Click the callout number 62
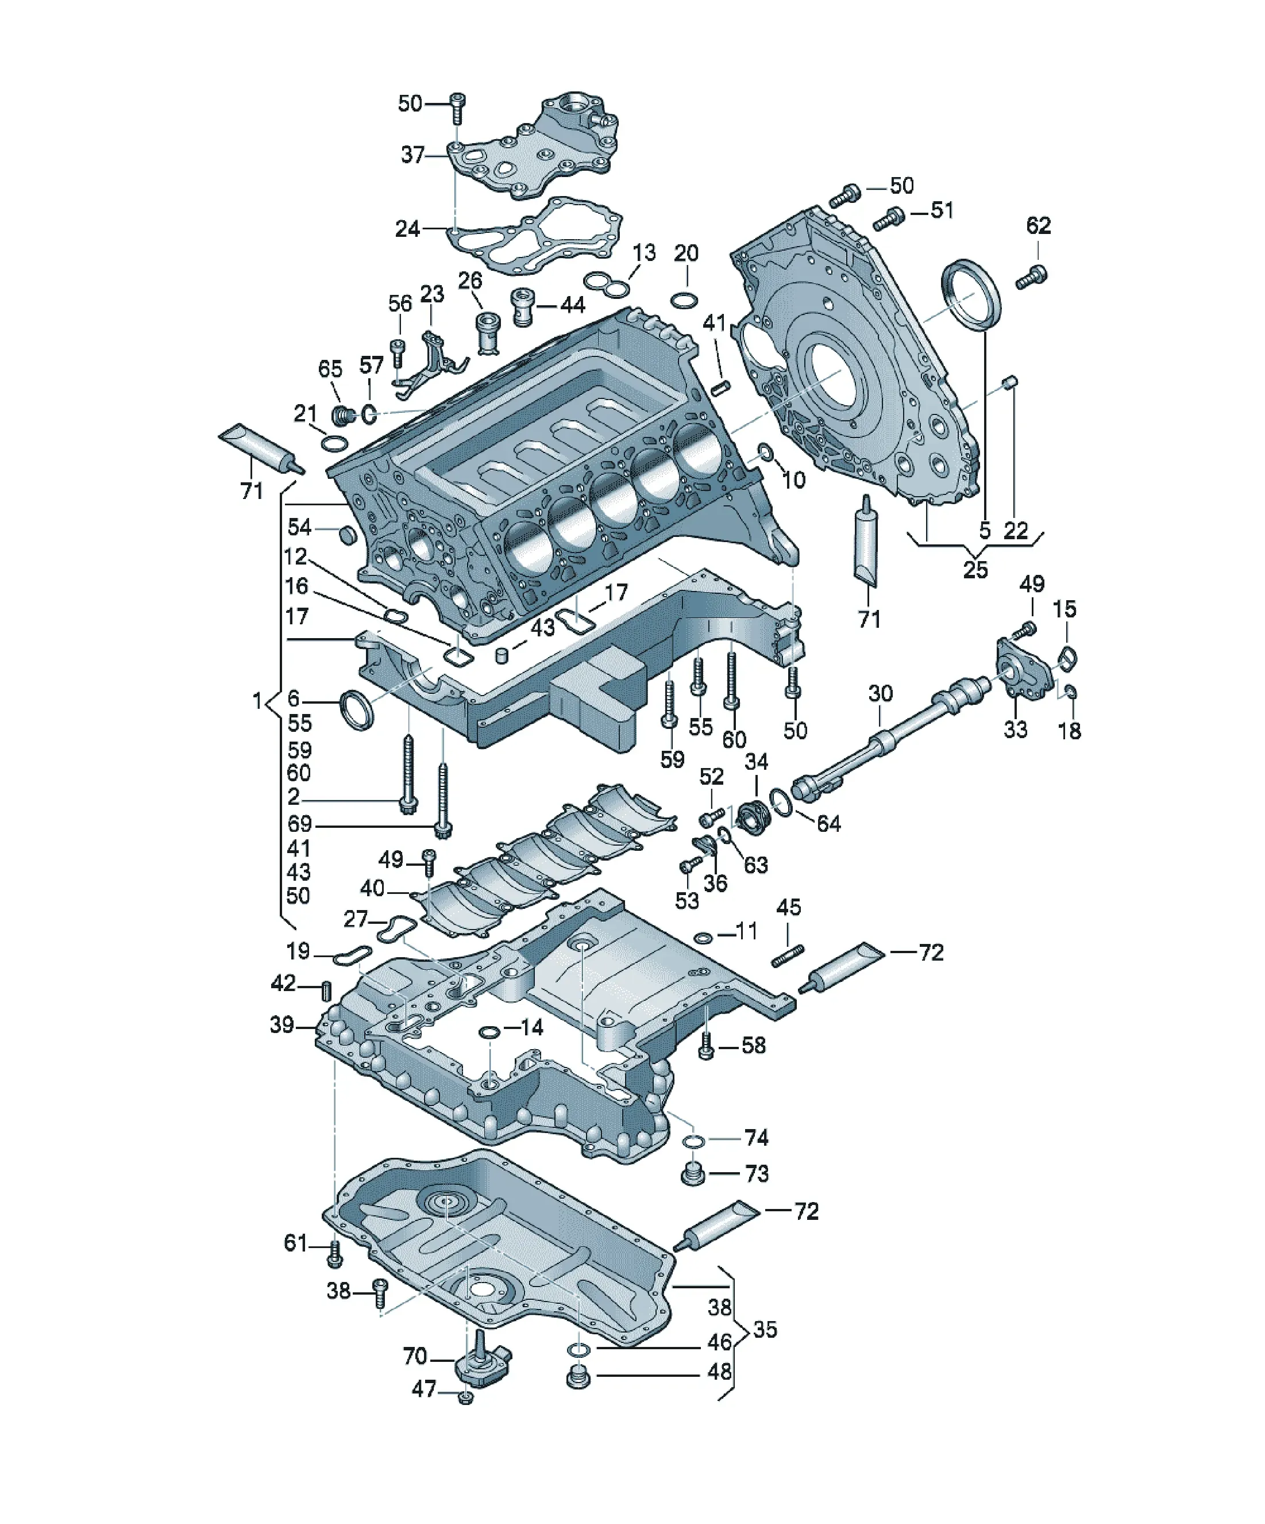tap(1038, 226)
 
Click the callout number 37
tap(412, 155)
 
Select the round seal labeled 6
tap(357, 711)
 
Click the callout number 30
tap(881, 694)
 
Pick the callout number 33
tap(1016, 728)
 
